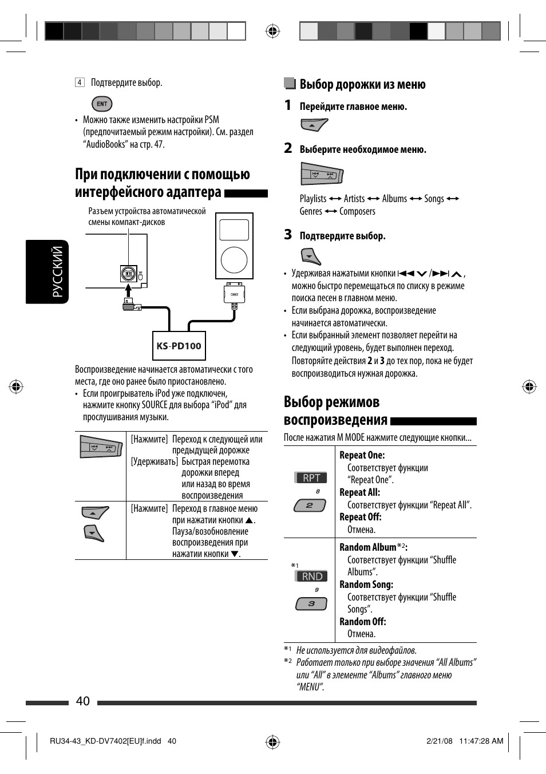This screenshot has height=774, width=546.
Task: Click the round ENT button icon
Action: [x=102, y=104]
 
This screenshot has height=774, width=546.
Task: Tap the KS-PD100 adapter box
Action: [x=179, y=346]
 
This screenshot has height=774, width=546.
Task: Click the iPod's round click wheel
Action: [x=234, y=259]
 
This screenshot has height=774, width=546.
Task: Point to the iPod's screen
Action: [x=234, y=230]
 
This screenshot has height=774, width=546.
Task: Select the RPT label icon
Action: [x=311, y=477]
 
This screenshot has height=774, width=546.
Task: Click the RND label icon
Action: [x=312, y=576]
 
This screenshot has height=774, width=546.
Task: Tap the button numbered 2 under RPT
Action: [x=310, y=506]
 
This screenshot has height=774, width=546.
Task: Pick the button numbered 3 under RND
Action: [x=311, y=603]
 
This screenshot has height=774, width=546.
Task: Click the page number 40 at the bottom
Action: [x=82, y=701]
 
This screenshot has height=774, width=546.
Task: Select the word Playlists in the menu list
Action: [x=313, y=199]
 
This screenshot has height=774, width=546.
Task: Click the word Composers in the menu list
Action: [x=357, y=211]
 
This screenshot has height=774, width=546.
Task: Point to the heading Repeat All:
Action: [x=359, y=492]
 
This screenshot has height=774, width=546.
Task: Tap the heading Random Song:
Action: [x=366, y=585]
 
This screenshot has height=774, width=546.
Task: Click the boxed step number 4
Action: [x=80, y=82]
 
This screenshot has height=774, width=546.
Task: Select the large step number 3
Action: [x=288, y=235]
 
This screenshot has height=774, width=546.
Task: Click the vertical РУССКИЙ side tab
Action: [x=57, y=272]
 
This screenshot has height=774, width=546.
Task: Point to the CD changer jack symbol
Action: [x=129, y=274]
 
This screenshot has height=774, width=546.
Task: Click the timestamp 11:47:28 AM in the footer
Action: [x=481, y=741]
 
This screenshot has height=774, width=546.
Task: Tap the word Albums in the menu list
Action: [x=394, y=199]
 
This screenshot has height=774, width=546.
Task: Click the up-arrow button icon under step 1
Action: [x=314, y=125]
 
